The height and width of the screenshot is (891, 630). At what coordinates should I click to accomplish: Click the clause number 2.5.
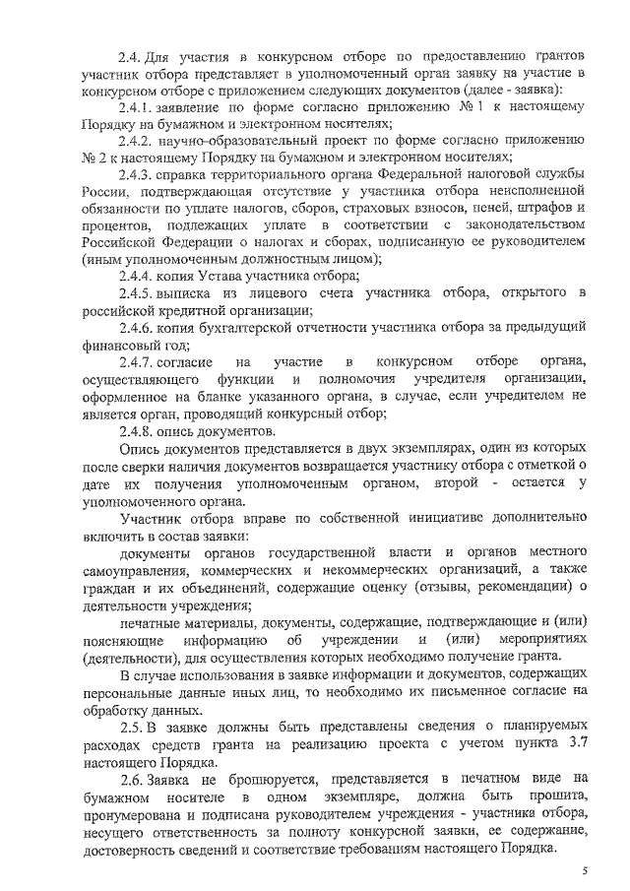click(x=131, y=728)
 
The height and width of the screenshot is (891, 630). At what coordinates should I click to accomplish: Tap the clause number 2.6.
click(x=131, y=778)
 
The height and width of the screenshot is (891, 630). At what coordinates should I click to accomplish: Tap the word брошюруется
click(x=255, y=778)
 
